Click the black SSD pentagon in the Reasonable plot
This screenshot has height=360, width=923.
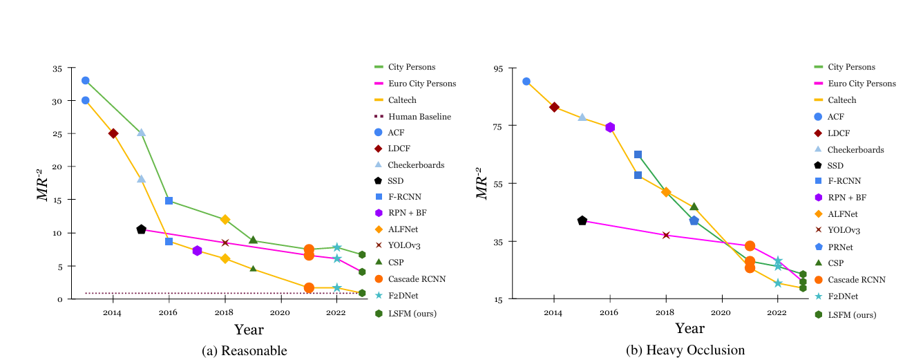[141, 229]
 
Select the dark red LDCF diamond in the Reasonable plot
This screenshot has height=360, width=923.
[113, 133]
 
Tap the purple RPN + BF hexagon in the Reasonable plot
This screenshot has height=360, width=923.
[197, 251]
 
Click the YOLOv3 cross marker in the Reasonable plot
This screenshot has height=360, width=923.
[225, 243]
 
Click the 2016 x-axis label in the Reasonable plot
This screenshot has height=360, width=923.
[169, 313]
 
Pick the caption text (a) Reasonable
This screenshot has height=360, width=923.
[244, 350]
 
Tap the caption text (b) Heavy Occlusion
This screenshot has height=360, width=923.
[685, 350]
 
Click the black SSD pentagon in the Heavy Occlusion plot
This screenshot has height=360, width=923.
[582, 220]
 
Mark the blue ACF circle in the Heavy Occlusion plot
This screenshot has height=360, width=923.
[526, 81]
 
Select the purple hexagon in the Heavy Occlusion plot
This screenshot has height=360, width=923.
[610, 127]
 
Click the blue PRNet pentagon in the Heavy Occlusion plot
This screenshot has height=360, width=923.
[694, 220]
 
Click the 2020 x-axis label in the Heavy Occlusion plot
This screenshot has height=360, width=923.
[722, 313]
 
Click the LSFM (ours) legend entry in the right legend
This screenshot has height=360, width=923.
[852, 314]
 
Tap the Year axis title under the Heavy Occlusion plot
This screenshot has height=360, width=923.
[689, 329]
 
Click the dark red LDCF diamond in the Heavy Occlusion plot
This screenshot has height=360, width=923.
[554, 107]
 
